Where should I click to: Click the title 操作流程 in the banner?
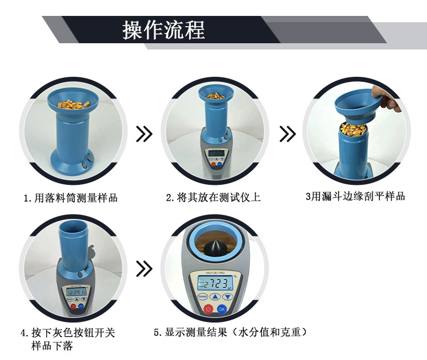click(x=163, y=30)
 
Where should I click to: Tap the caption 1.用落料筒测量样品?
click(x=71, y=198)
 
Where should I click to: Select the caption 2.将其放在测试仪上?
click(x=213, y=198)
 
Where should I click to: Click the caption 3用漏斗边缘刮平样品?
click(x=355, y=197)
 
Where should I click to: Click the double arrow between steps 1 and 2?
click(x=145, y=134)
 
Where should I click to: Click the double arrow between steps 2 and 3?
click(x=288, y=134)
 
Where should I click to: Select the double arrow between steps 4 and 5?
click(x=145, y=268)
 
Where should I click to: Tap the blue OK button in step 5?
click(x=222, y=309)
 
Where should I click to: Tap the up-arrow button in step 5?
click(x=215, y=297)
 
